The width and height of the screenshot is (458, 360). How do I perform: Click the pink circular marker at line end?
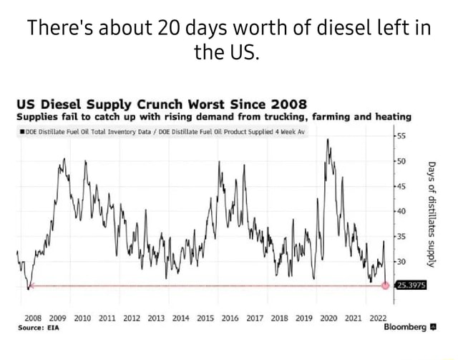(x=386, y=286)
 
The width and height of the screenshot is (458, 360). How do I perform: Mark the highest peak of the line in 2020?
(x=328, y=140)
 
